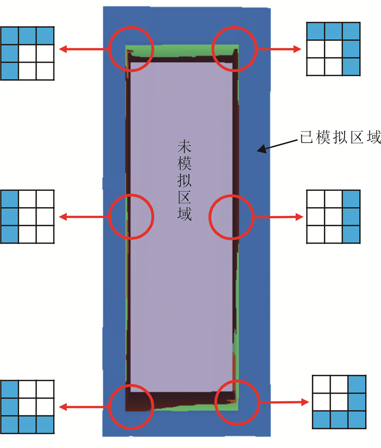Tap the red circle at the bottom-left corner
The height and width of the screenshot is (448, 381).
click(131, 406)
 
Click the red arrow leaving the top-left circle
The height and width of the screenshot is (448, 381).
click(85, 49)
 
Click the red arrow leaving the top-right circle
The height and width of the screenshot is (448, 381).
click(278, 49)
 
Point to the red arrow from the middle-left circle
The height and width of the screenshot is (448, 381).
click(85, 217)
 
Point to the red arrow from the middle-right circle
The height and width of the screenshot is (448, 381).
click(278, 217)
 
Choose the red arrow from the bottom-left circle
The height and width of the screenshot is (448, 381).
click(85, 406)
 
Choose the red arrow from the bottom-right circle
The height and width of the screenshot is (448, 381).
click(281, 402)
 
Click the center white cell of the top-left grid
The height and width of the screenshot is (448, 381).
click(27, 53)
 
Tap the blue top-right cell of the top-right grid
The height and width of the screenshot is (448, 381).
click(352, 31)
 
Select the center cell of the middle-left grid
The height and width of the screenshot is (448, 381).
click(27, 216)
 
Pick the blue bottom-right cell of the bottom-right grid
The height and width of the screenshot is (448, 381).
click(357, 419)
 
